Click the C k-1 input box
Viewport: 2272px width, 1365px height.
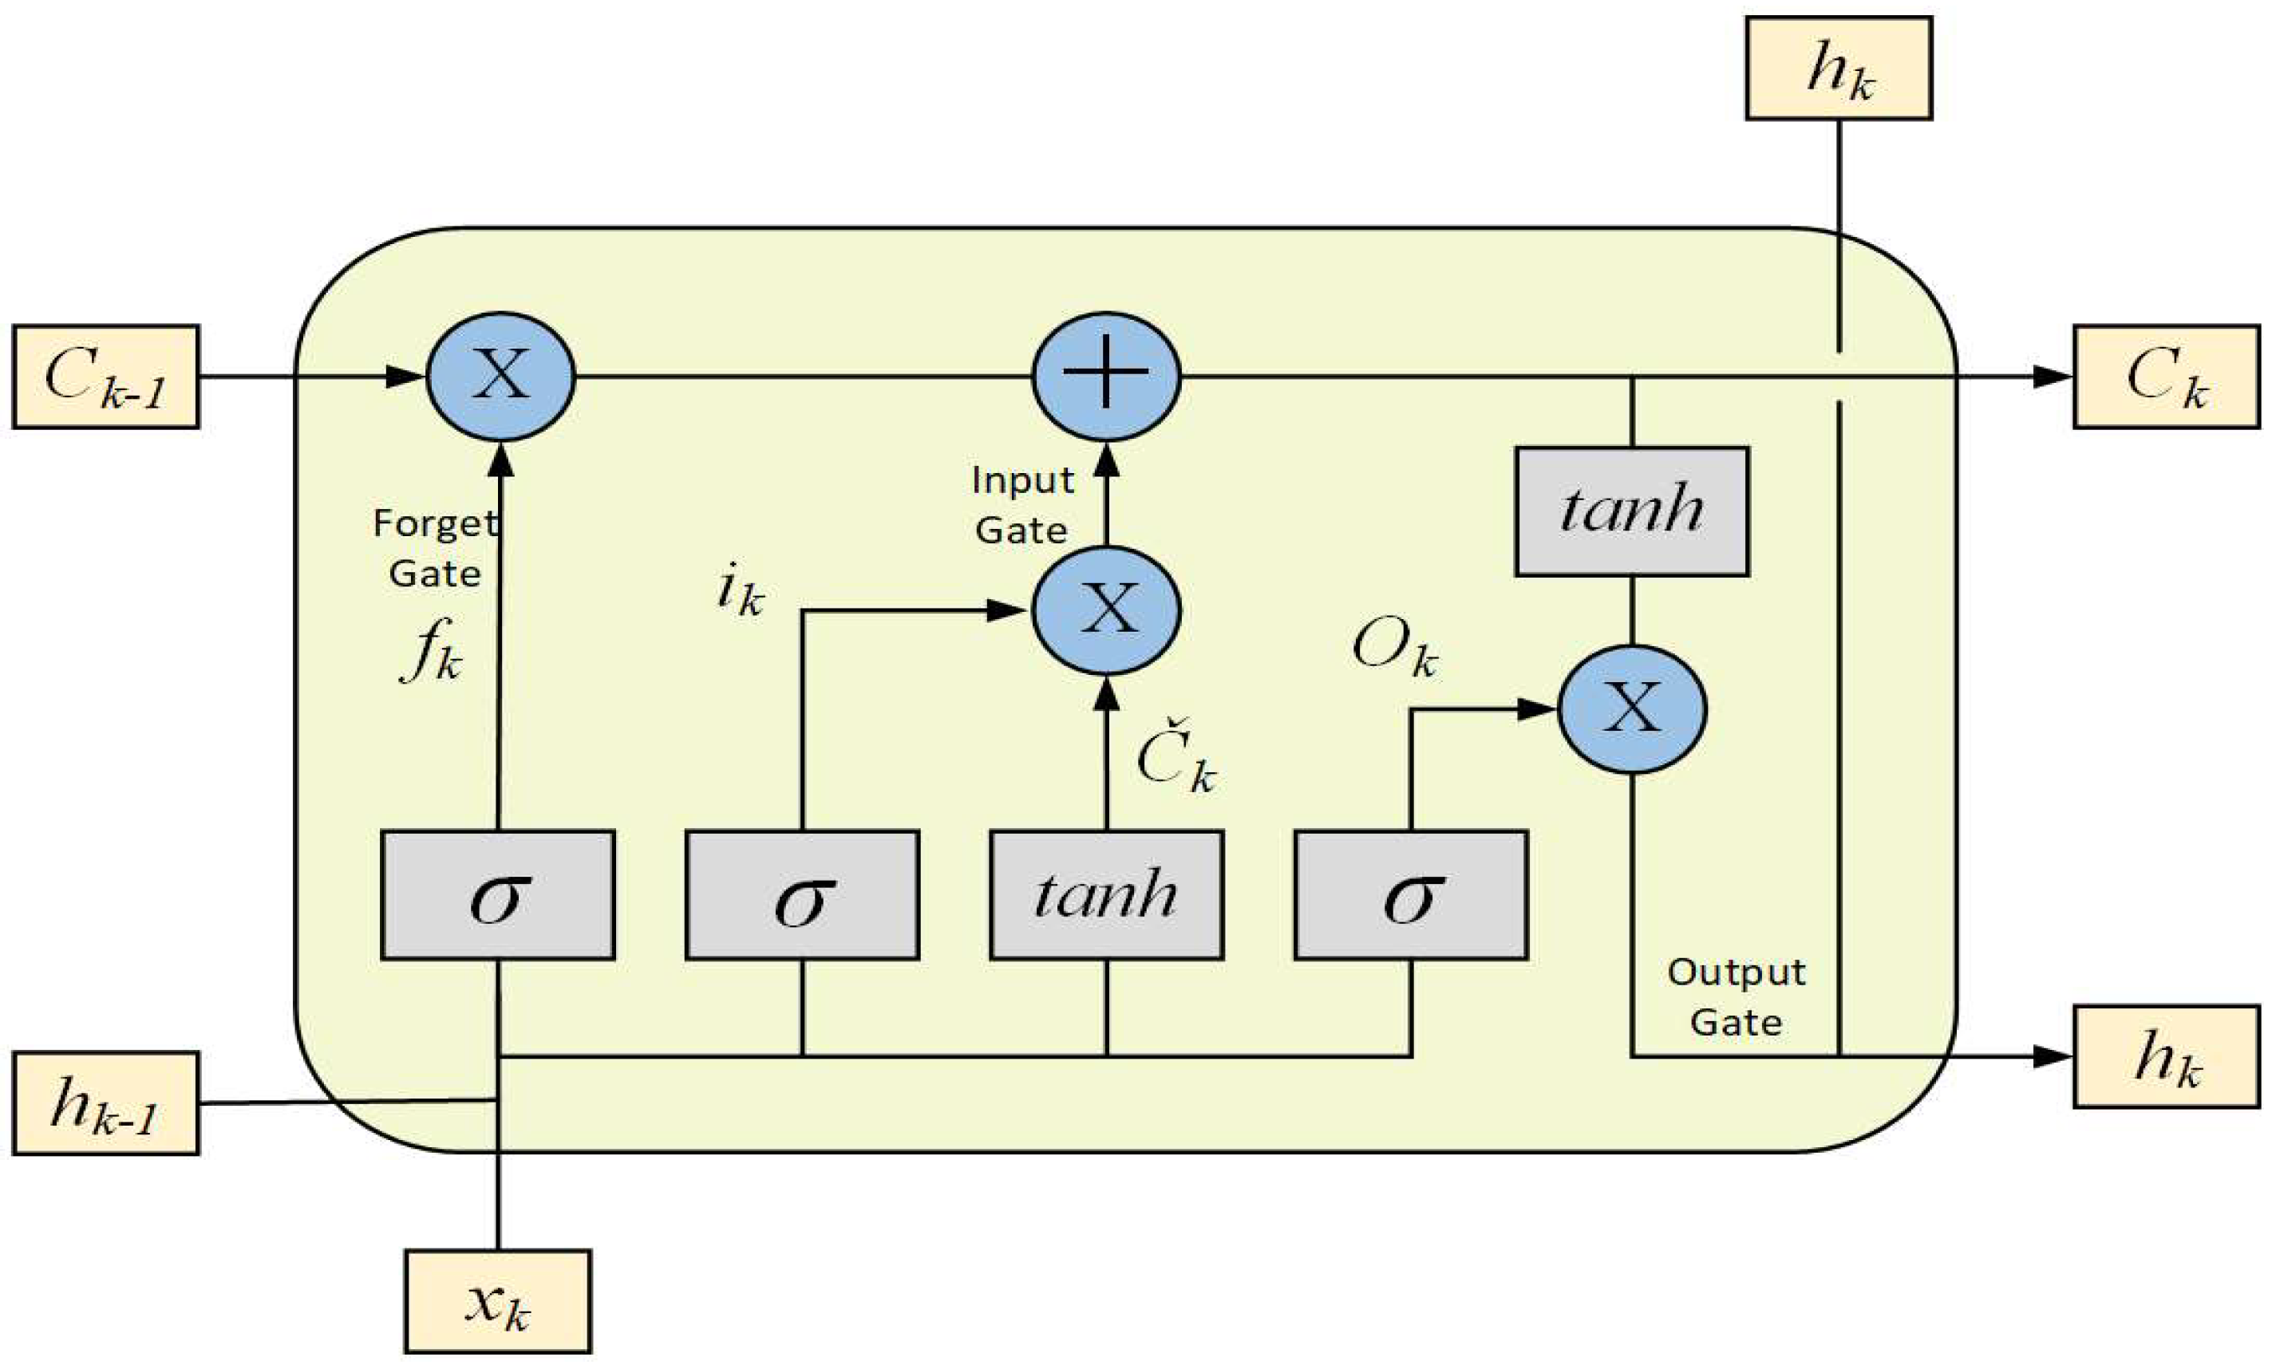(x=106, y=377)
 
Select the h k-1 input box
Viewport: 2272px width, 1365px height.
(x=106, y=1103)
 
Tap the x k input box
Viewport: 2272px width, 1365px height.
(x=498, y=1300)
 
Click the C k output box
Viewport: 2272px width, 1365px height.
(x=2166, y=377)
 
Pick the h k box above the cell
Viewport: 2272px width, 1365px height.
(x=1839, y=68)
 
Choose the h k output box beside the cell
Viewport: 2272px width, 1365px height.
(x=2166, y=1056)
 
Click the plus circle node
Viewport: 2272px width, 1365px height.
(x=1107, y=377)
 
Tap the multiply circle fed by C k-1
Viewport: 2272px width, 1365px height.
(x=500, y=377)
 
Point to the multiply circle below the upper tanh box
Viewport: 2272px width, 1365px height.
(x=1632, y=709)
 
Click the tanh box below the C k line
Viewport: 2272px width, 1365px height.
(x=1632, y=511)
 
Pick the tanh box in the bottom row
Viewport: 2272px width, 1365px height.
(x=1107, y=895)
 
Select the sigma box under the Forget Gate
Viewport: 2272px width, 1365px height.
(x=498, y=895)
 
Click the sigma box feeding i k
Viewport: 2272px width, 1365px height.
(x=802, y=895)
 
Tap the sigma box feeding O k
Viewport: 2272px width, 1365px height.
(x=1411, y=895)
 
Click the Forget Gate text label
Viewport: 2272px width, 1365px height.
(x=434, y=548)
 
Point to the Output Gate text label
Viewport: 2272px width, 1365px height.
(x=1736, y=997)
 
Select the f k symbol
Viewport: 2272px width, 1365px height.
(x=430, y=655)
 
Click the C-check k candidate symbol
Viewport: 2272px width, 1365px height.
(x=1176, y=763)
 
